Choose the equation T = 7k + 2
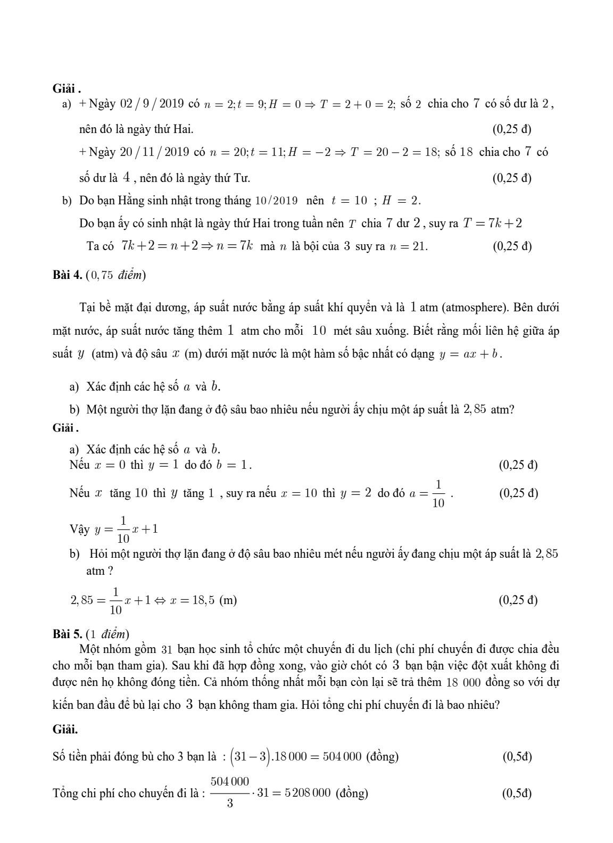(x=492, y=223)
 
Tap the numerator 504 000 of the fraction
(x=229, y=782)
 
